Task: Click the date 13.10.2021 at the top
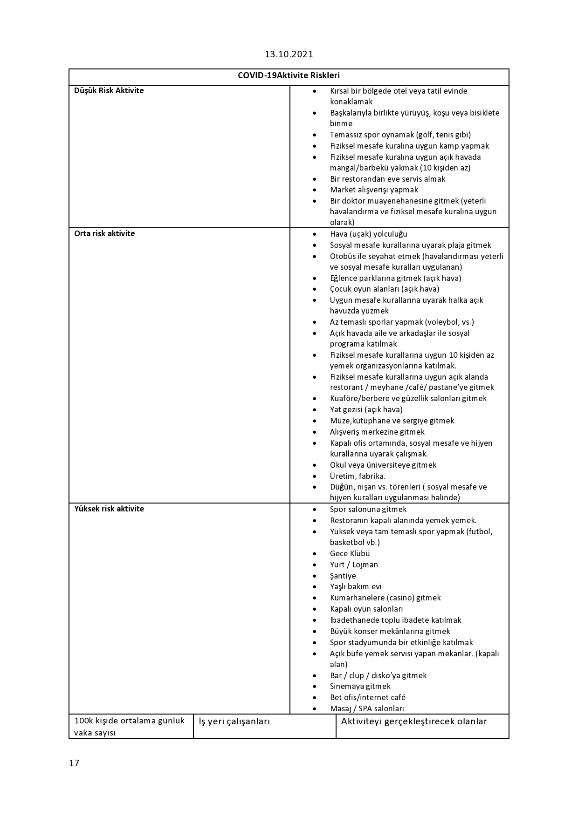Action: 289,54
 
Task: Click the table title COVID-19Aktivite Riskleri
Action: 289,75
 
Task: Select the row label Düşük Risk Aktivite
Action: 109,90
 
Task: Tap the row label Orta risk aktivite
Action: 104,233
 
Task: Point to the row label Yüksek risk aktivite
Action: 109,509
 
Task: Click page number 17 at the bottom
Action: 74,763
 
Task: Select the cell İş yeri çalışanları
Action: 234,722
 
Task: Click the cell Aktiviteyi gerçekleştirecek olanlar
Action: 414,722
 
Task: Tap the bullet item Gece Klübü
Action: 350,553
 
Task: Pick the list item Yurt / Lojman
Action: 354,565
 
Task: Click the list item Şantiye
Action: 343,576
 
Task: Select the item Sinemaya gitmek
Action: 360,686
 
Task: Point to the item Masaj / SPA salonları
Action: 367,708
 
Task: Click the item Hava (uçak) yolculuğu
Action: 368,234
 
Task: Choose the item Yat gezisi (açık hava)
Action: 366,409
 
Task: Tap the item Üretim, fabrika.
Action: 358,476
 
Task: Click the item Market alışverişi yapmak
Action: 374,190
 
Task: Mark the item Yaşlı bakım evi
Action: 356,586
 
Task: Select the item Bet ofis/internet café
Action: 368,697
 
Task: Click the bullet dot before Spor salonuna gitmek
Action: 315,510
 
